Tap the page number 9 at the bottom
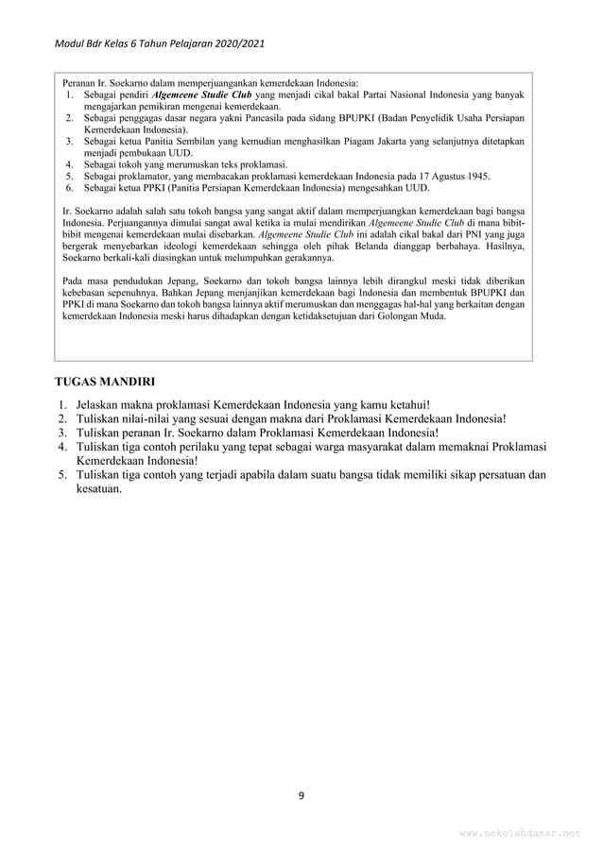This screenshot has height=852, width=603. tap(301, 794)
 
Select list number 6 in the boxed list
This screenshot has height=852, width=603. tap(69, 187)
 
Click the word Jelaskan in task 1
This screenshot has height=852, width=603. tap(100, 405)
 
